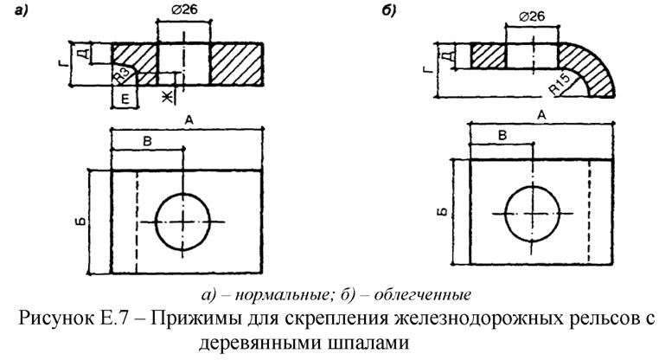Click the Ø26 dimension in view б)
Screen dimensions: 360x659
(531, 17)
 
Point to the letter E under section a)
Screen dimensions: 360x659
(125, 100)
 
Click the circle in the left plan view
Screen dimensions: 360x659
(184, 222)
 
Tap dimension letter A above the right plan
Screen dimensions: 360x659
(542, 114)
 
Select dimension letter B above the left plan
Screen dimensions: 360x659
(147, 140)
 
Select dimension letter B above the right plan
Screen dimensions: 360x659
(501, 134)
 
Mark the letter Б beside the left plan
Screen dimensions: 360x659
(77, 221)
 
